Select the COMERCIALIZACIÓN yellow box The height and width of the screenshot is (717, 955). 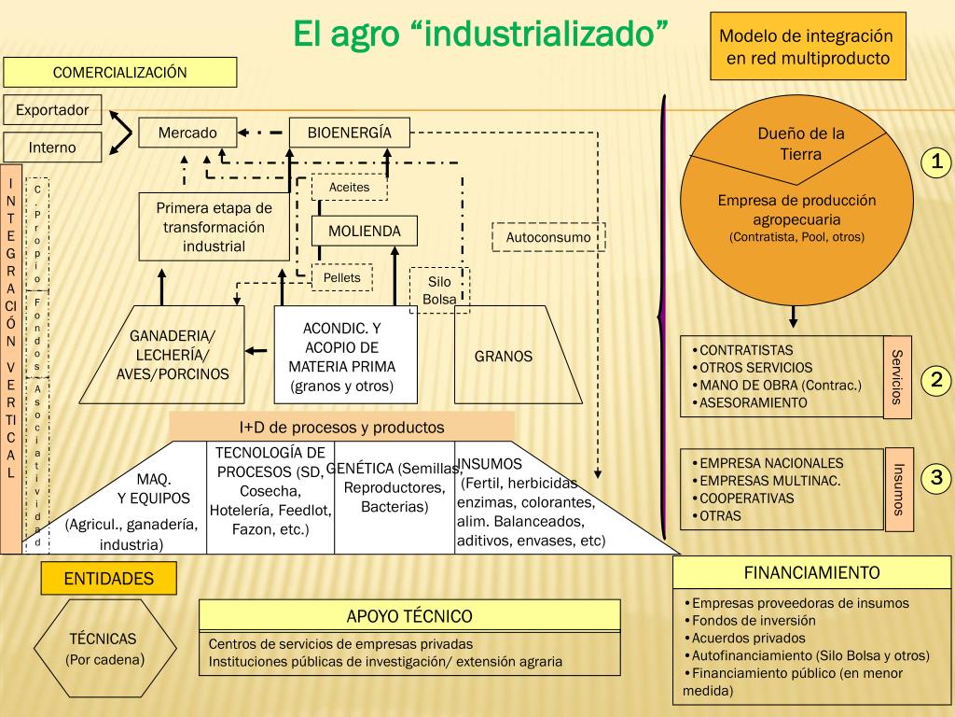point(119,73)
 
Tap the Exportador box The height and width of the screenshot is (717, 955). point(52,110)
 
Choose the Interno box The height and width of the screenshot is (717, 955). point(52,148)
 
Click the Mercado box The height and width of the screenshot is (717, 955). point(187,133)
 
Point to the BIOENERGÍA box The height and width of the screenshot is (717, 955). point(350,133)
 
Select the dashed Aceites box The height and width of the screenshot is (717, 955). point(349,187)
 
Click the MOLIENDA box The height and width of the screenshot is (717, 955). point(364,231)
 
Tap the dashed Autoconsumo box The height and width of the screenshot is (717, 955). point(548,237)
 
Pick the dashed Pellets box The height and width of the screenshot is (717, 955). point(341,277)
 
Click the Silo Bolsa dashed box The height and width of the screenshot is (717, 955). point(439,289)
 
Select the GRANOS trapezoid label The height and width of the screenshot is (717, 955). point(504,356)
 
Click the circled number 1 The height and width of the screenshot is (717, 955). point(936,162)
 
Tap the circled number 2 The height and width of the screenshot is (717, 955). point(936,380)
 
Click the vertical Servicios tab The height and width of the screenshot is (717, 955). point(897,377)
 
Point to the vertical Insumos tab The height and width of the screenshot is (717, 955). point(898,489)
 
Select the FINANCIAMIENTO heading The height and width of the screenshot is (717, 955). point(811,572)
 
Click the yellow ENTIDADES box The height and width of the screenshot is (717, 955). point(108,579)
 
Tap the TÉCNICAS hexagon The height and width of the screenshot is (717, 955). point(104,649)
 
